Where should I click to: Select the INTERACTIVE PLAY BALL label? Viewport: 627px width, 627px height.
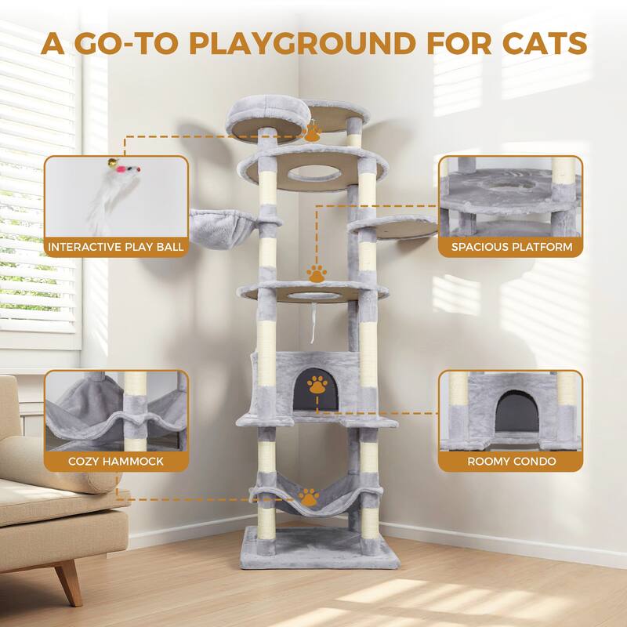116,248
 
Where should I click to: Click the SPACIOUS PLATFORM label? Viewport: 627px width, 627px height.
511,248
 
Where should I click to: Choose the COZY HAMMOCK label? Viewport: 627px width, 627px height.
116,461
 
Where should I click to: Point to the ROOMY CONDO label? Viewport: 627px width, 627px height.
511,461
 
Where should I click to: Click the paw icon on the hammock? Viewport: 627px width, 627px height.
310,498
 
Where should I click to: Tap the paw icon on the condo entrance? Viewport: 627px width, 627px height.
317,386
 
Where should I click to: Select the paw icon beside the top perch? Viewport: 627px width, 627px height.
312,133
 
